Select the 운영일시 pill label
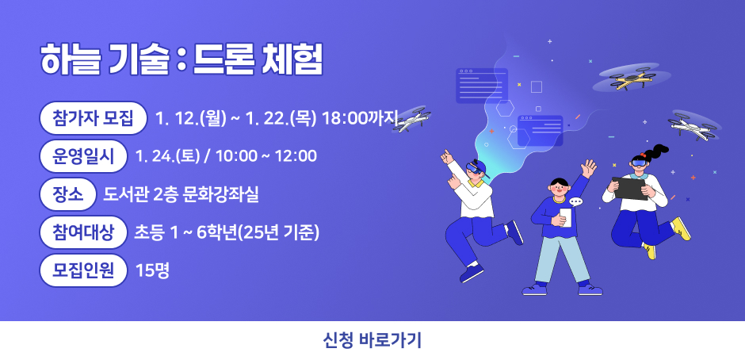83,155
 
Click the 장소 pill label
67,192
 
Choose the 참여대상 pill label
83,232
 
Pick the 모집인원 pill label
83,270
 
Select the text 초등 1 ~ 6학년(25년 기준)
227,232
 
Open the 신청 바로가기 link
372,341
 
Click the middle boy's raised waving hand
588,168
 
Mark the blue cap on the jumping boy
476,167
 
